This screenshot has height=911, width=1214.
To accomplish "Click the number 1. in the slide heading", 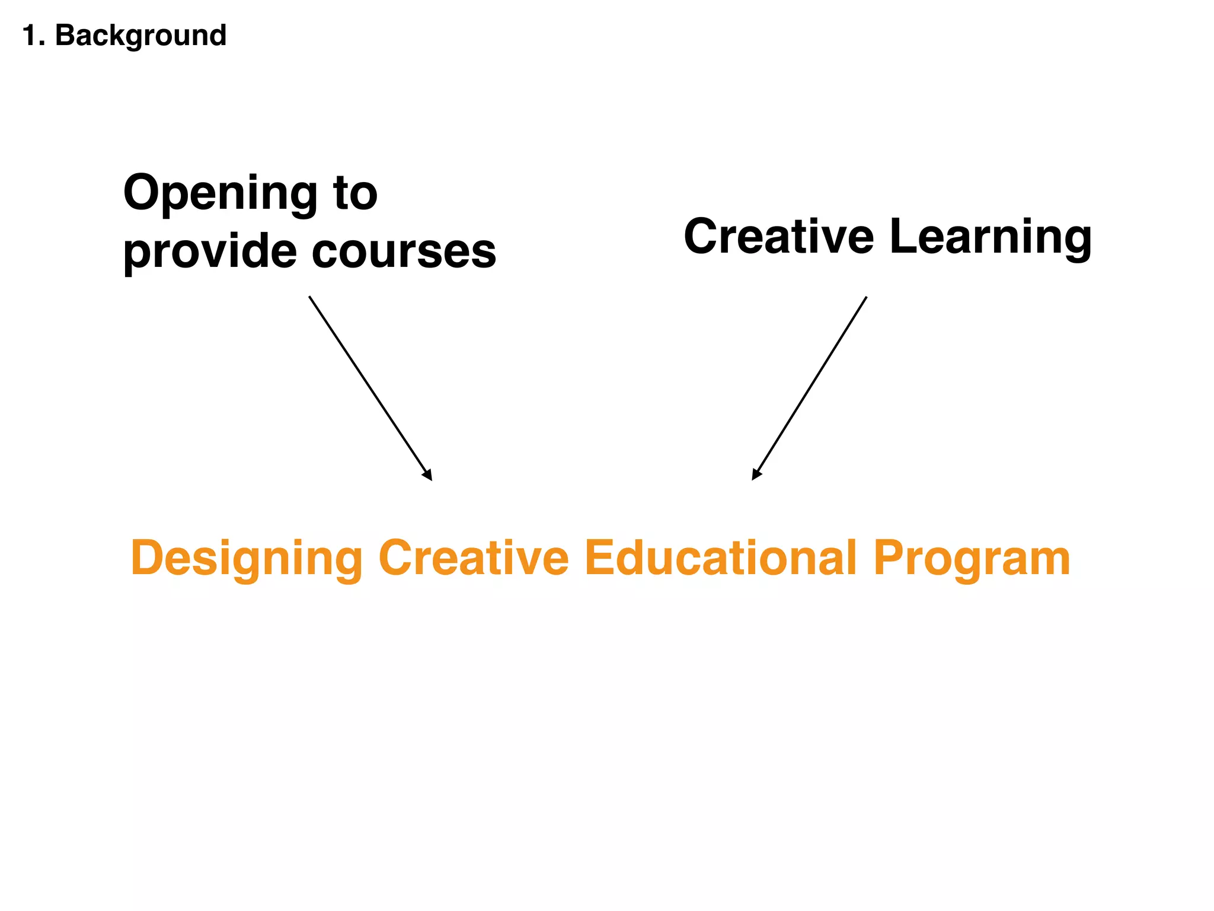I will pos(33,36).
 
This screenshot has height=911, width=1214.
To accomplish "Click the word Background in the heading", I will pos(140,36).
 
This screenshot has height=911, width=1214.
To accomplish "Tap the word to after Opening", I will pos(355,193).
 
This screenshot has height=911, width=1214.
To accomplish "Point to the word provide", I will pos(209,251).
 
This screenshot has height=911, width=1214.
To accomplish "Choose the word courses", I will pos(404,251).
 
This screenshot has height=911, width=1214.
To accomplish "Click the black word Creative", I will pos(778,236).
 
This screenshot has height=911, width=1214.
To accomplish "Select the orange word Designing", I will pos(247,559).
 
